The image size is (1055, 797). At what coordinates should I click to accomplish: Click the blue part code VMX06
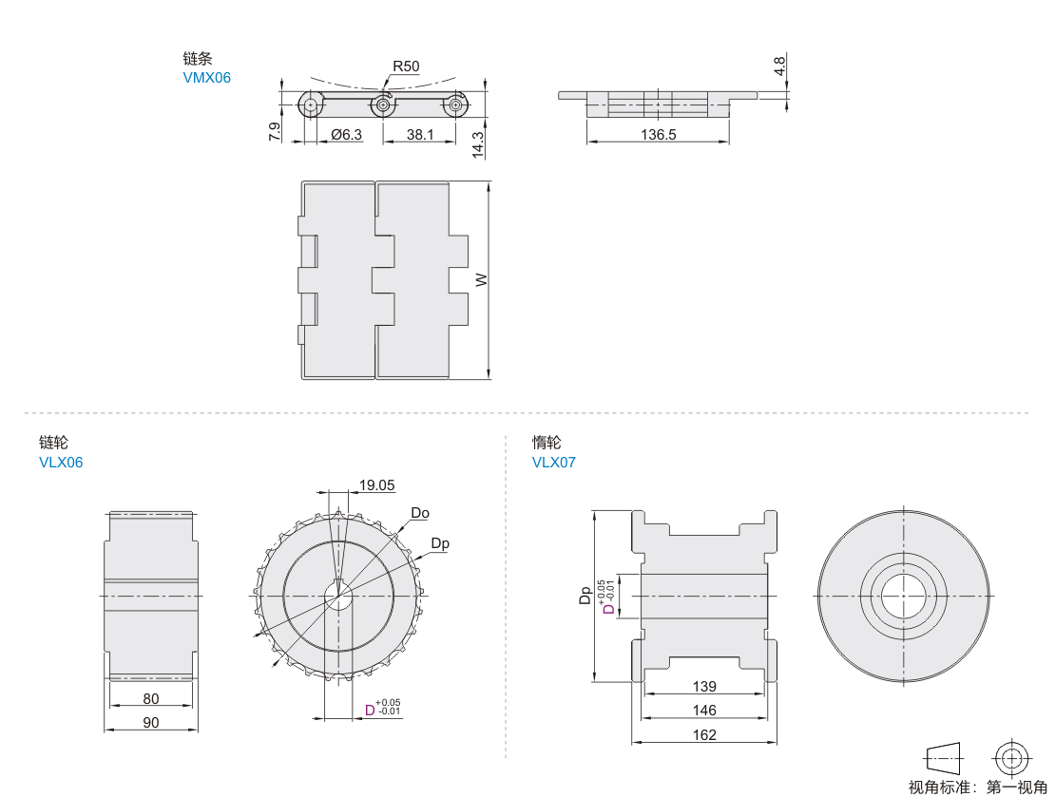click(206, 78)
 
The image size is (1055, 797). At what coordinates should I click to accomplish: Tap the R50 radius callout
click(406, 66)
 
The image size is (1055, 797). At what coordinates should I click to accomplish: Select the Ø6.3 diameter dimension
click(347, 135)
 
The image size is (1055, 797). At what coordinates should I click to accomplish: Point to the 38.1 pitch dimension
click(420, 135)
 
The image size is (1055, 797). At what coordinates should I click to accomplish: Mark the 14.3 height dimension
click(478, 142)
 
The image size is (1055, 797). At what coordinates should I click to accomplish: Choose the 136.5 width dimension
click(658, 135)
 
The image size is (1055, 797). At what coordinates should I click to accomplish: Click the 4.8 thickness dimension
click(779, 66)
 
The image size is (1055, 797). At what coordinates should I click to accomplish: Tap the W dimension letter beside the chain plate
click(481, 280)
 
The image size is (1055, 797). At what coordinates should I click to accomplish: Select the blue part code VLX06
click(61, 463)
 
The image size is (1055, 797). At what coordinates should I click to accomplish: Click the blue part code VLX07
click(554, 463)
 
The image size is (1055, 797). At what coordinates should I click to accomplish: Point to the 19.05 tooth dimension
click(376, 485)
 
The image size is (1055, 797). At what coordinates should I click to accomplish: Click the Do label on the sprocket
click(420, 513)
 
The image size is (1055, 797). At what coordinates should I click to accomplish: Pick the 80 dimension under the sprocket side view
click(151, 698)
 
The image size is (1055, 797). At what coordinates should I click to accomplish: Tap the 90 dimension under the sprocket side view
click(151, 722)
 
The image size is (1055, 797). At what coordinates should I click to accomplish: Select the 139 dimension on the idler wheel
click(704, 686)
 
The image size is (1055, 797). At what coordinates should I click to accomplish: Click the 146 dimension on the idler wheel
click(704, 710)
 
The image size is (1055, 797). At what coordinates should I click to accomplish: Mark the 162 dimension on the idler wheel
click(704, 734)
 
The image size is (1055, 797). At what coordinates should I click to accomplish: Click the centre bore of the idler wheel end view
click(903, 596)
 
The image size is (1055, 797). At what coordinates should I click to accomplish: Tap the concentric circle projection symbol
click(1009, 758)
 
